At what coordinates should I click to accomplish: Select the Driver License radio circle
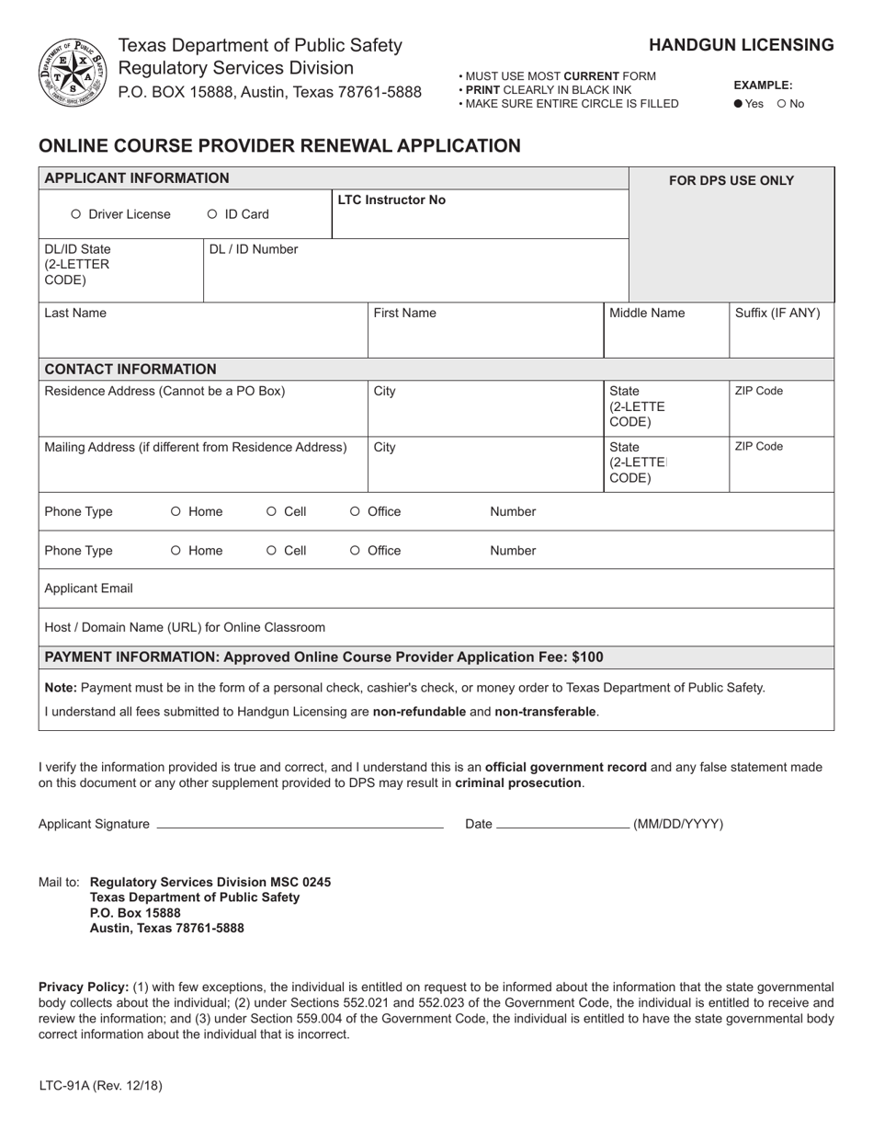tap(76, 214)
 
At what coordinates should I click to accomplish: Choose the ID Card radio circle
tap(212, 214)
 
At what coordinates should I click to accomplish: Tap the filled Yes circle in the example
tap(738, 104)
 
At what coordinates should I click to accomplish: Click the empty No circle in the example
tap(781, 104)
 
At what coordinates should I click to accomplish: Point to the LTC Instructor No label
tap(391, 200)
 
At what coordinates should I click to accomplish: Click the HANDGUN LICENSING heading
tap(742, 45)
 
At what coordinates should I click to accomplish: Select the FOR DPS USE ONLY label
tap(731, 180)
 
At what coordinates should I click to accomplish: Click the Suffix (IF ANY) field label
tap(777, 313)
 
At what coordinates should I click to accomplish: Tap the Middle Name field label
tap(647, 313)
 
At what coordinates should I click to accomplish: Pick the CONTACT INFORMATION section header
tap(130, 369)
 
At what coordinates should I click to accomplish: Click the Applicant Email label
tap(88, 588)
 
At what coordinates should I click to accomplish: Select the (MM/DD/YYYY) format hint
tap(678, 824)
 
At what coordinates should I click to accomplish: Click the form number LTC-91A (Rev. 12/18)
tap(100, 1085)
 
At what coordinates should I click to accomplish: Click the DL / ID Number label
tap(254, 249)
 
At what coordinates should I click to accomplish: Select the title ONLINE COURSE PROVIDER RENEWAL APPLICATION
tap(279, 145)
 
